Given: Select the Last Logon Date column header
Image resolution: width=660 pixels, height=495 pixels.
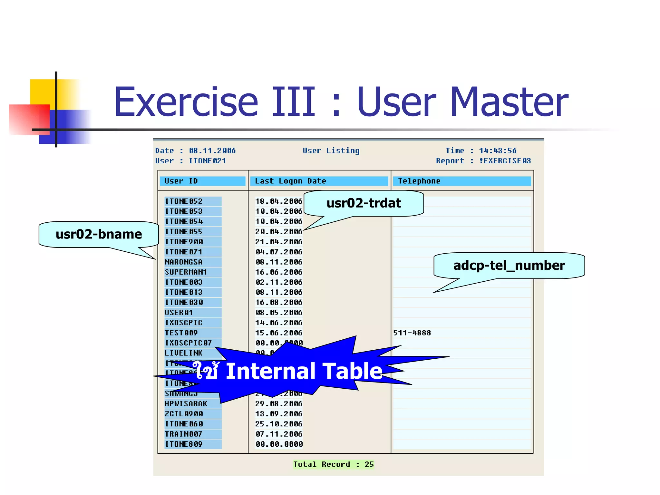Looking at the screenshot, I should [x=290, y=181].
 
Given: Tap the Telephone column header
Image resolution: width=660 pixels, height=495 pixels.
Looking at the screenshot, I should [x=419, y=181].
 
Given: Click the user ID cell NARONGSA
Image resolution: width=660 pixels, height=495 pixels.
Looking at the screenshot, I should [x=184, y=262].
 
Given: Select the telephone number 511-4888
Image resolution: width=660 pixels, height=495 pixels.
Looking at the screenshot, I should [x=412, y=333].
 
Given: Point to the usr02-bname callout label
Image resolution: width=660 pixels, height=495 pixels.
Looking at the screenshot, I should [x=99, y=234].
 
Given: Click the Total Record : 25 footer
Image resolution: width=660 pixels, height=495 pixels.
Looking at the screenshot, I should [x=333, y=464].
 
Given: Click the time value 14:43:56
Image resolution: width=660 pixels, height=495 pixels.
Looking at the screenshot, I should [x=498, y=150].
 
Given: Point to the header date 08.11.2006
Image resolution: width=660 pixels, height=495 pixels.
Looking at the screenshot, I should [x=212, y=150].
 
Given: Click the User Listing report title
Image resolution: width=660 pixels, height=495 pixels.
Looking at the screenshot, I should [x=331, y=150].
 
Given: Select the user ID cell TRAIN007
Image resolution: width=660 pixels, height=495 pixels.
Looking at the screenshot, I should [x=184, y=434].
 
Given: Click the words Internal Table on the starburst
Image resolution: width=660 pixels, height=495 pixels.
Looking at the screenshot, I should [x=304, y=371].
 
